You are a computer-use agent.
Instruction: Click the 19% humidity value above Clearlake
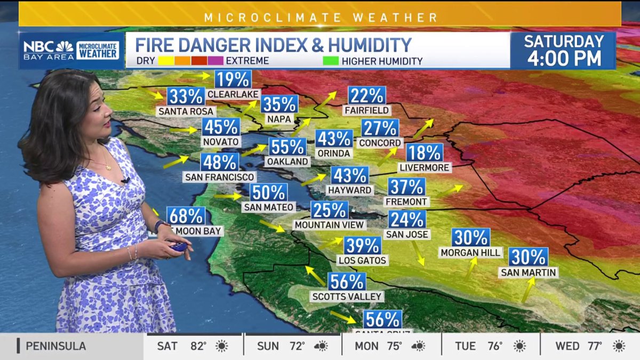click(x=233, y=79)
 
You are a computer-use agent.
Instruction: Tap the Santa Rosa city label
click(x=186, y=111)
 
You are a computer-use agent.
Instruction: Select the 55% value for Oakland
click(x=287, y=146)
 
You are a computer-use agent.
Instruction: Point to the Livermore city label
click(x=425, y=167)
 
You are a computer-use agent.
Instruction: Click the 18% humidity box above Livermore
click(x=425, y=153)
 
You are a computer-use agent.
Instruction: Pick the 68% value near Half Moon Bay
click(x=186, y=216)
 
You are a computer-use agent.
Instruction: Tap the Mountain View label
click(x=330, y=225)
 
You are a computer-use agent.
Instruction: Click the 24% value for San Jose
click(x=407, y=219)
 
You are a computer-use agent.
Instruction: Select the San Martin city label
click(x=528, y=273)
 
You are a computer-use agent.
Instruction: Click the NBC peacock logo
click(x=65, y=46)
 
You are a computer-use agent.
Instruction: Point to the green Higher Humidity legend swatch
click(x=331, y=61)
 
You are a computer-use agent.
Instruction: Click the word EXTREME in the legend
click(x=247, y=61)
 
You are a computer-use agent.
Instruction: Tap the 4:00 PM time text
click(x=564, y=58)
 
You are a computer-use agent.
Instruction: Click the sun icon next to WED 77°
click(x=619, y=346)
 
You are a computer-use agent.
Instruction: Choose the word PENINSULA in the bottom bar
click(x=55, y=346)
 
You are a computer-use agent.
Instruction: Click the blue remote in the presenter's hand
click(x=180, y=247)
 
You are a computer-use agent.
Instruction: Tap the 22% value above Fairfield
click(x=367, y=96)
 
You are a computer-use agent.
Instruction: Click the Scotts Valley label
click(x=347, y=296)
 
